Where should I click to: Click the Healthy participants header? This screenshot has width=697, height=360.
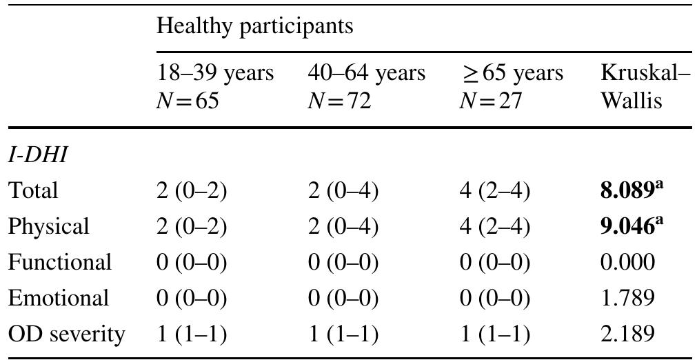pos(254,27)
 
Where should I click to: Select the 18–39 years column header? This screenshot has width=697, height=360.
pos(215,72)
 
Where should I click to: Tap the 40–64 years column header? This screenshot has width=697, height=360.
pos(366,72)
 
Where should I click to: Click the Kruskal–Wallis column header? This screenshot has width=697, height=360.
pos(645,72)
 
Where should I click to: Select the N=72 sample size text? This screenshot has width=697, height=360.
pos(339,101)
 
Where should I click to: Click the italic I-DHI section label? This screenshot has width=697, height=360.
pos(37,154)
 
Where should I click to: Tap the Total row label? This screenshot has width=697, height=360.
pos(33,190)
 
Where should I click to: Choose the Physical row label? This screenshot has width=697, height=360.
pos(48,226)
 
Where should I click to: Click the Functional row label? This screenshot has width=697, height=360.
pos(59,262)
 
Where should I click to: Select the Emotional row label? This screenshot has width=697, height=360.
pos(58,298)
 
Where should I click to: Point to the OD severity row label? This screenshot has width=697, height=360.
pos(66,334)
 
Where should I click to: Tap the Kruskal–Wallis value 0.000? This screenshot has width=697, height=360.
pos(627,262)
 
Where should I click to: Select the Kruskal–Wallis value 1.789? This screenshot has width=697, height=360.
pos(627,298)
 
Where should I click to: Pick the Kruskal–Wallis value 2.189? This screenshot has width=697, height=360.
pos(627,334)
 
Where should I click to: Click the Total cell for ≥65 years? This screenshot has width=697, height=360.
pos(494,190)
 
